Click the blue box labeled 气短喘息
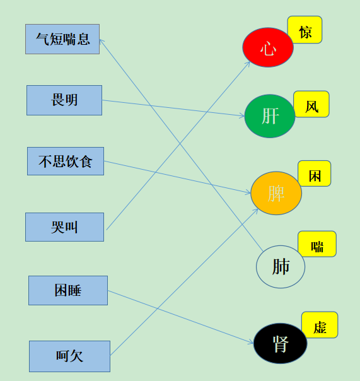pos(62,39)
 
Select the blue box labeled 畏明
pos(64,100)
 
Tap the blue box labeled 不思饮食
pos(66,161)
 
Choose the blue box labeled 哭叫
pos(64,227)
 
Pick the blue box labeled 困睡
pos(68,290)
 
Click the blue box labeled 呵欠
pos(70,356)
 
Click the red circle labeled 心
pos(268,47)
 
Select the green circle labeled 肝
pos(270,116)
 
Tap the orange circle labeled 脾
pos(276,193)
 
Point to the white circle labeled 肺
pos(281,267)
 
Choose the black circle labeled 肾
pos(281,343)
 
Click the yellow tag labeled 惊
pos(305,30)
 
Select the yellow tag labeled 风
pos(311,104)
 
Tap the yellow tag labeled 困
pos(315,173)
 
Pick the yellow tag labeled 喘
pos(317,244)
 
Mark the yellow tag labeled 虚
pos(320,325)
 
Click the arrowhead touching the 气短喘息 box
pos(102,42)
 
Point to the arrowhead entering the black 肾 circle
pos(251,342)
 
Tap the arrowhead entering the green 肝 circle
pos(242,116)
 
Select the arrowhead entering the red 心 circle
pos(248,64)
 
